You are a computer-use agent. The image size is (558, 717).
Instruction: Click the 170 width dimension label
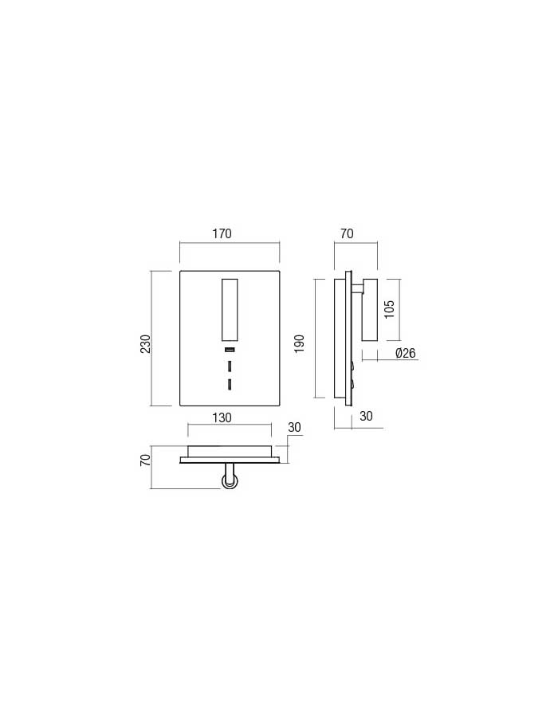(222, 233)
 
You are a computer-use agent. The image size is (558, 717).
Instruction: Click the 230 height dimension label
(145, 344)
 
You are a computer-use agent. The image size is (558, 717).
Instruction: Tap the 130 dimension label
(222, 418)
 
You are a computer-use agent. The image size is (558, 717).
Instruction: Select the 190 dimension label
(299, 344)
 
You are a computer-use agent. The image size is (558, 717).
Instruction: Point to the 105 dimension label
(389, 310)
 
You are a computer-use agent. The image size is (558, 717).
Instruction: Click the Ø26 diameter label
(405, 353)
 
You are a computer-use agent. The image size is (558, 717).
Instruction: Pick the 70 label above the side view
(347, 233)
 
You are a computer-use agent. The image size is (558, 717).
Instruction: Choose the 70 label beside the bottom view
(145, 460)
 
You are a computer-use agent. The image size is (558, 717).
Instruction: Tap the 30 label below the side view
(366, 416)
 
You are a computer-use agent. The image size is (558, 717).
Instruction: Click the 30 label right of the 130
(295, 427)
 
